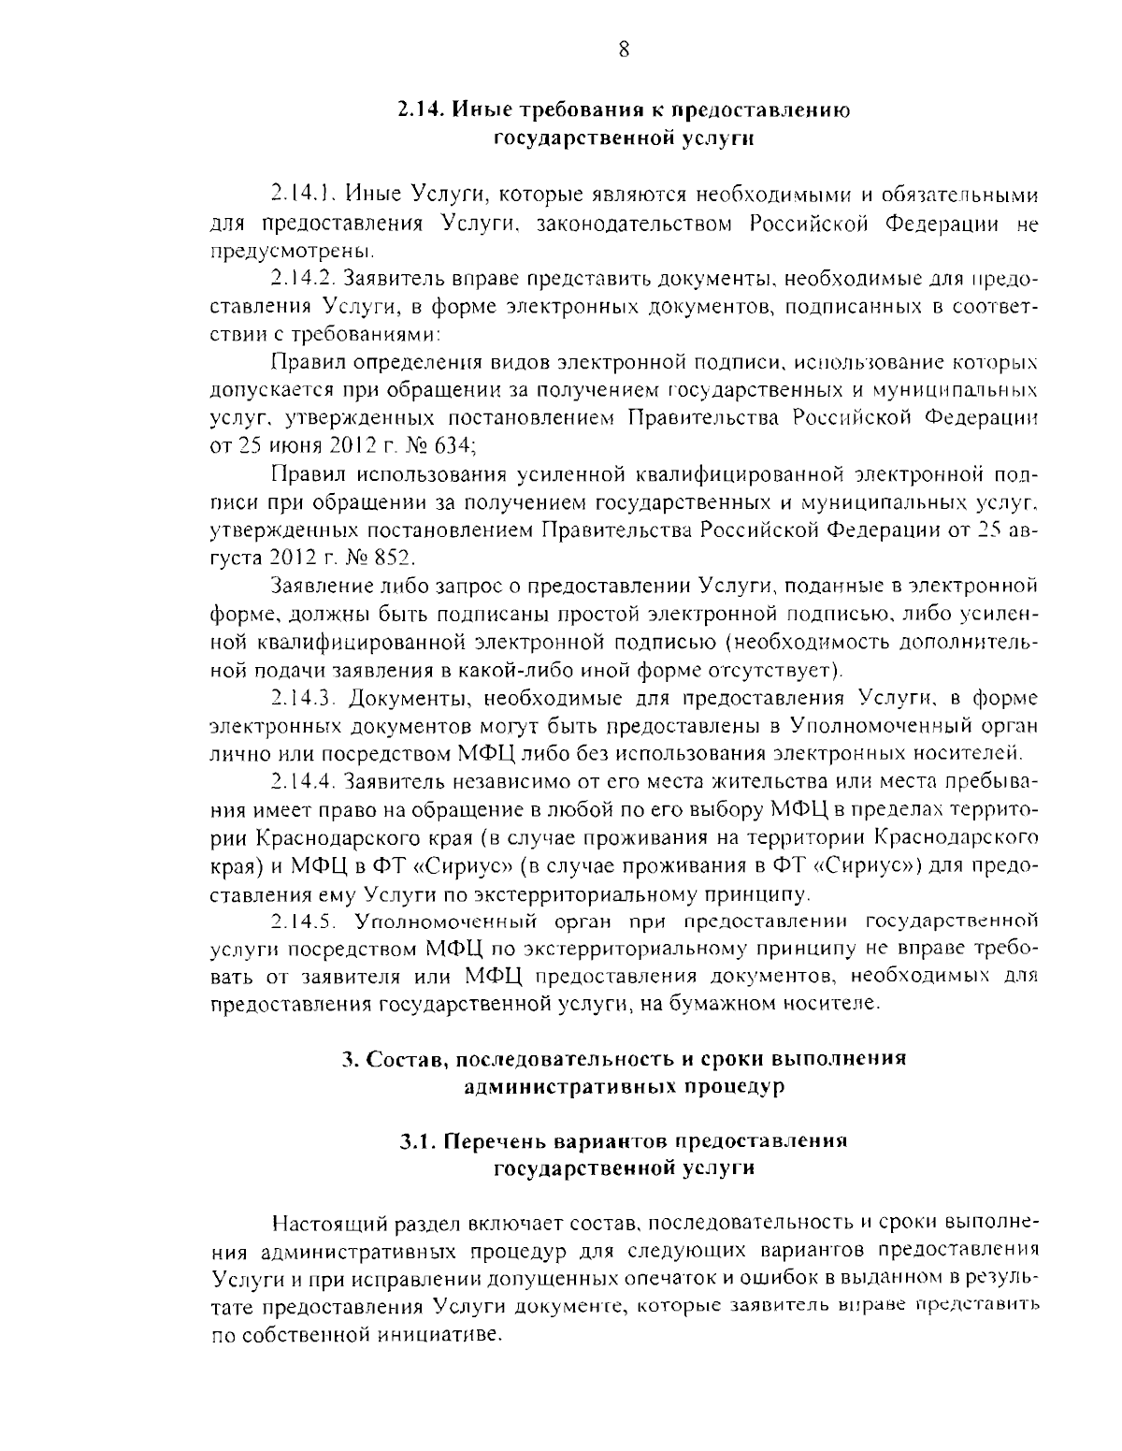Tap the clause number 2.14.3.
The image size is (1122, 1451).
304,697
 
